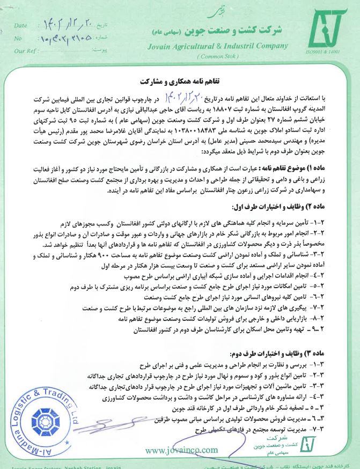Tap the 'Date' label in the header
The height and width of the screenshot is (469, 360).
pos(20,25)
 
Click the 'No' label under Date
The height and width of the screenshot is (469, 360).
pos(18,39)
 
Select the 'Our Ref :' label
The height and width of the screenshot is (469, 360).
pos(25,50)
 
